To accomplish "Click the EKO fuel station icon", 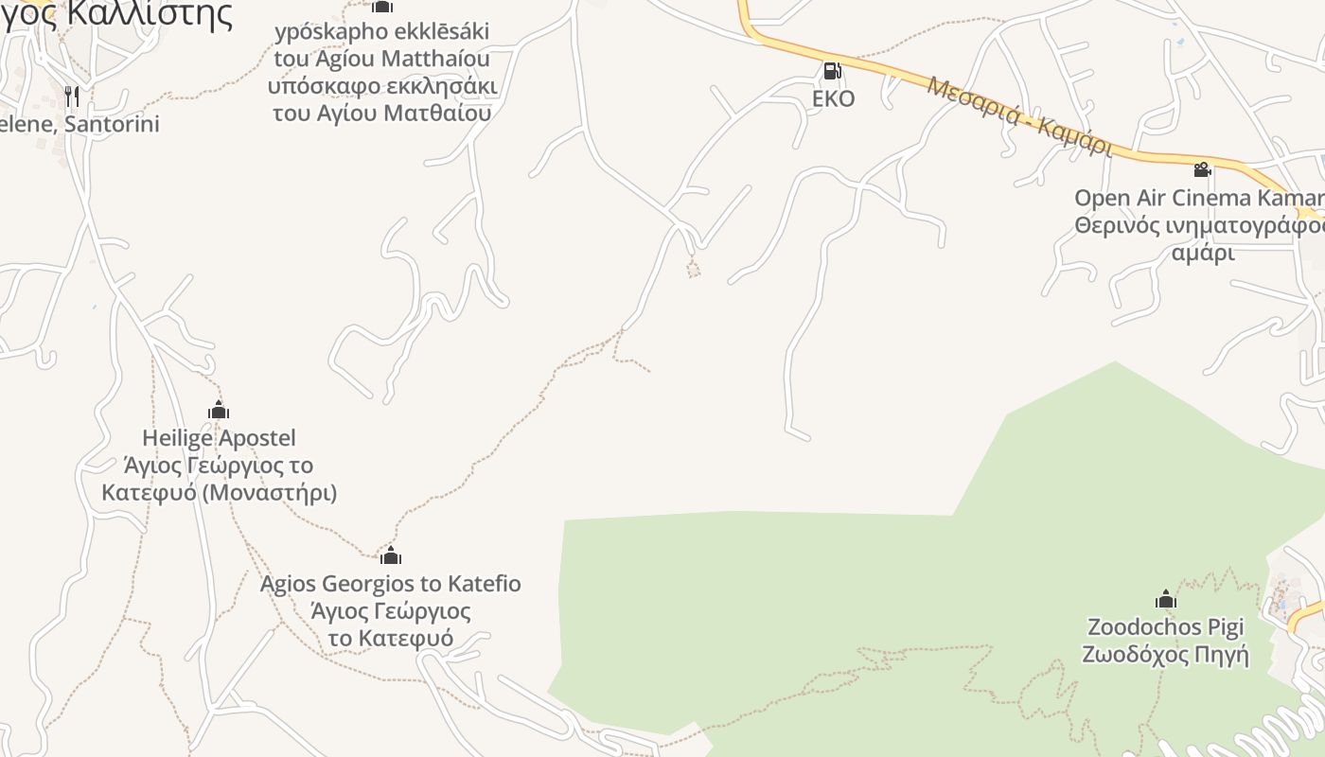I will coord(832,70).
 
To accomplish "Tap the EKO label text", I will coord(833,98).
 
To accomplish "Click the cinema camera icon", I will coord(1202,170).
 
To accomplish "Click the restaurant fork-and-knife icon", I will coord(71,96).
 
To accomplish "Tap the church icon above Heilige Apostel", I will coord(219,411).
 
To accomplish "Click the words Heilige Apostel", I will coord(219,438).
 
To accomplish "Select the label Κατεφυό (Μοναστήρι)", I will coord(219,493).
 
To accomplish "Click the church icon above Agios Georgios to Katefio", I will coord(390,555).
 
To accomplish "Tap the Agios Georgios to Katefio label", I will coord(390,584).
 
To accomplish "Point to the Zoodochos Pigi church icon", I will coord(1165,599).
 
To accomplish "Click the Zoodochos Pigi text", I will coord(1165,627).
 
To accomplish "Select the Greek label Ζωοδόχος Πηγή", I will coord(1165,655).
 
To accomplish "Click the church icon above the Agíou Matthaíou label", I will coord(381,7).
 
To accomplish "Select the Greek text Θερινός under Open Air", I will coord(1108,227).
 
